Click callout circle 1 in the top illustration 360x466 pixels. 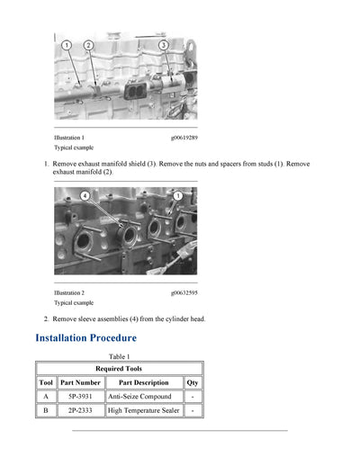67,45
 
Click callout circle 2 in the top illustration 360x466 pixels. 88,45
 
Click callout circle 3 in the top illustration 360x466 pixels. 163,45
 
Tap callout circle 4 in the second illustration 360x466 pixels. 85,195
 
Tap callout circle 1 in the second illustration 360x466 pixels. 177,195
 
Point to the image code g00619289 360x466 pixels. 184,138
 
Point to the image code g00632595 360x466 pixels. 184,292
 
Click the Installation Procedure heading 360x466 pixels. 85,338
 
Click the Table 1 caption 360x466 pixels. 120,357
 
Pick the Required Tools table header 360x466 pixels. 119,369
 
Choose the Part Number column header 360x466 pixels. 80,382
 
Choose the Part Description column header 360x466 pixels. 143,382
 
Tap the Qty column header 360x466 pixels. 193,382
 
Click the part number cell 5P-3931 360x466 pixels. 80,396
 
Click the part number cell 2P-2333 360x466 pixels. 80,410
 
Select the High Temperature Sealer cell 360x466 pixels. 143,410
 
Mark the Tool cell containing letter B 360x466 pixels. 46,410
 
